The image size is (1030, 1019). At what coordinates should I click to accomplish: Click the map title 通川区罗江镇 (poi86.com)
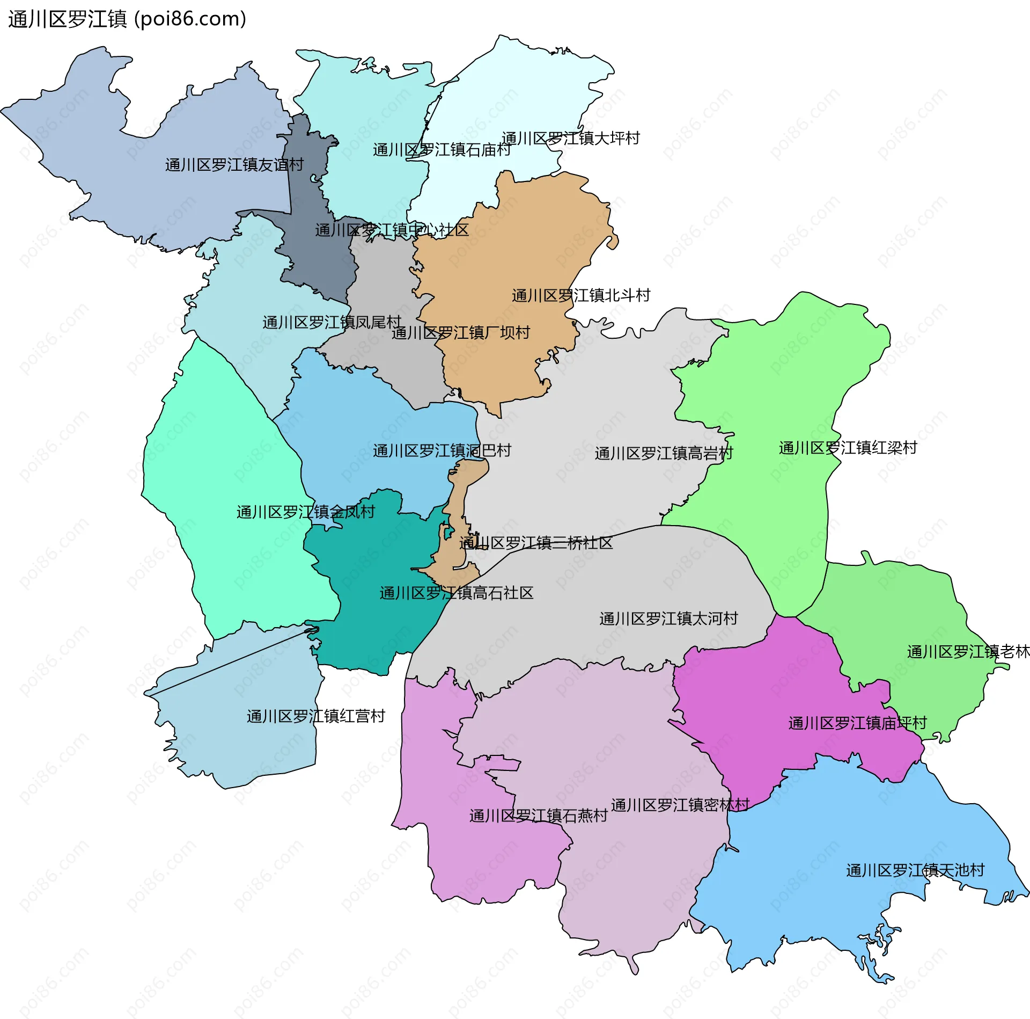127,19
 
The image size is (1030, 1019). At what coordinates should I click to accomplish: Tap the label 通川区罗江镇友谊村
234,165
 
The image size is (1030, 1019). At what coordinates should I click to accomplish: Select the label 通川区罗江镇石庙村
442,150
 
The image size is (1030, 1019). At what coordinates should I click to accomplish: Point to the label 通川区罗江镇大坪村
570,139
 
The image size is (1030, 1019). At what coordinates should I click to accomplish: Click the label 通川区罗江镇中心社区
392,230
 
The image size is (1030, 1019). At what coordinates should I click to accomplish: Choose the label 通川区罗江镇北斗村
580,295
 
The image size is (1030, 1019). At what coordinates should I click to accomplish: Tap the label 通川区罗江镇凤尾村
332,322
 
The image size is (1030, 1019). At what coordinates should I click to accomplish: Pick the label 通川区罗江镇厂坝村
460,333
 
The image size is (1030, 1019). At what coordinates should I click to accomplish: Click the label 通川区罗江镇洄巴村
442,450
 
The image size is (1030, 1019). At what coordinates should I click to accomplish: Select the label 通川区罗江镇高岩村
664,453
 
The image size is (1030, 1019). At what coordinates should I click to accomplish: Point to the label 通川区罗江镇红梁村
848,448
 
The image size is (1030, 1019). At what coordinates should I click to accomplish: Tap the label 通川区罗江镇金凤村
305,512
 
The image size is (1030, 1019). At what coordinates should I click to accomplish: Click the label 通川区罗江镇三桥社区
535,543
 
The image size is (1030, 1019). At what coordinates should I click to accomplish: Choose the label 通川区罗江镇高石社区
456,593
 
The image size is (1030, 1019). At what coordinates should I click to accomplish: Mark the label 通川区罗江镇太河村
668,618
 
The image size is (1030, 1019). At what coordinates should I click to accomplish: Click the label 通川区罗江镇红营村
315,716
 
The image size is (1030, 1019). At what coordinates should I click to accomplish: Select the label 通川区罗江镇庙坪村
857,723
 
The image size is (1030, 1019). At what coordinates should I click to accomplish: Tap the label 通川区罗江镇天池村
915,870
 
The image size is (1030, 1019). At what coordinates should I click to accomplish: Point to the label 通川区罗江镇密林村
680,805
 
